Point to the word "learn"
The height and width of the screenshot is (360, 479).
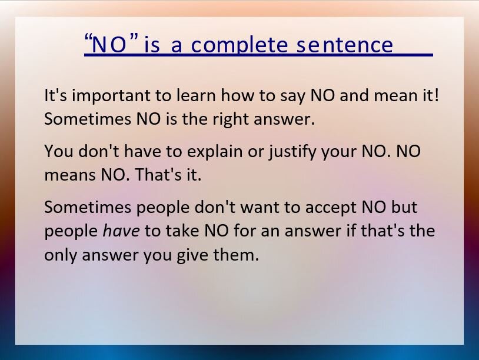196,95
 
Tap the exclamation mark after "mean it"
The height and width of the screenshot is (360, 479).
436,95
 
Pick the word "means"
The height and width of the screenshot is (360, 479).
69,175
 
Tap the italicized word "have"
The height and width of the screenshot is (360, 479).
121,231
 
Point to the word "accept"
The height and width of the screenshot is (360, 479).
331,208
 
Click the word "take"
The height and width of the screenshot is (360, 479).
182,231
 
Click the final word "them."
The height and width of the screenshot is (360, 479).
236,254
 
